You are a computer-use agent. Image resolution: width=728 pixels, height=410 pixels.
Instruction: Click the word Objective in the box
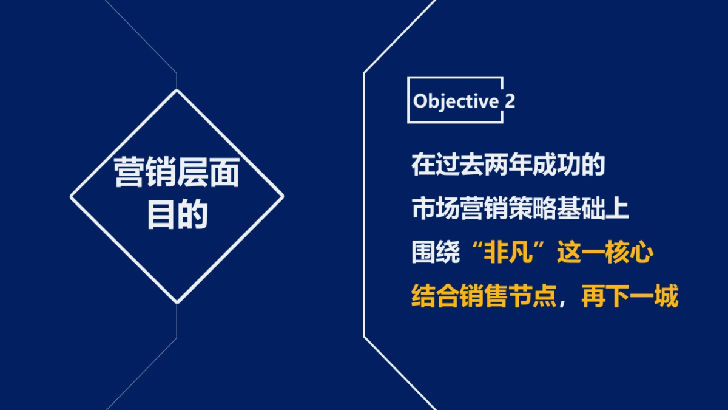pyautogui.click(x=455, y=101)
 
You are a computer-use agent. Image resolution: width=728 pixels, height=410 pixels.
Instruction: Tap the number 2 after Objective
pyautogui.click(x=510, y=101)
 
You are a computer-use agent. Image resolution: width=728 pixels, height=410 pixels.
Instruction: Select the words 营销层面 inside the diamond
pyautogui.click(x=177, y=173)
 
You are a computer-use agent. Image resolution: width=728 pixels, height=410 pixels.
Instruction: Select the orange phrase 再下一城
pyautogui.click(x=629, y=298)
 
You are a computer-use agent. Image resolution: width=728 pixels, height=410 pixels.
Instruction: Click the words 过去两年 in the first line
pyautogui.click(x=484, y=165)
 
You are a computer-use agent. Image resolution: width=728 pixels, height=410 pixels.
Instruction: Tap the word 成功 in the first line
pyautogui.click(x=556, y=165)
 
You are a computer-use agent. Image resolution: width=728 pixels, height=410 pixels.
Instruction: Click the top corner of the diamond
pyautogui.click(x=177, y=91)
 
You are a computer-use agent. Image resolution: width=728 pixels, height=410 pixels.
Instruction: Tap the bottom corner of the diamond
pyautogui.click(x=177, y=302)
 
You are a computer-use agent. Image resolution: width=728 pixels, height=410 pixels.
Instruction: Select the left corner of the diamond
pyautogui.click(x=71, y=196)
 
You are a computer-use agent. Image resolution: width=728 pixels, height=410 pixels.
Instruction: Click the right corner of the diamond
pyautogui.click(x=283, y=196)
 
